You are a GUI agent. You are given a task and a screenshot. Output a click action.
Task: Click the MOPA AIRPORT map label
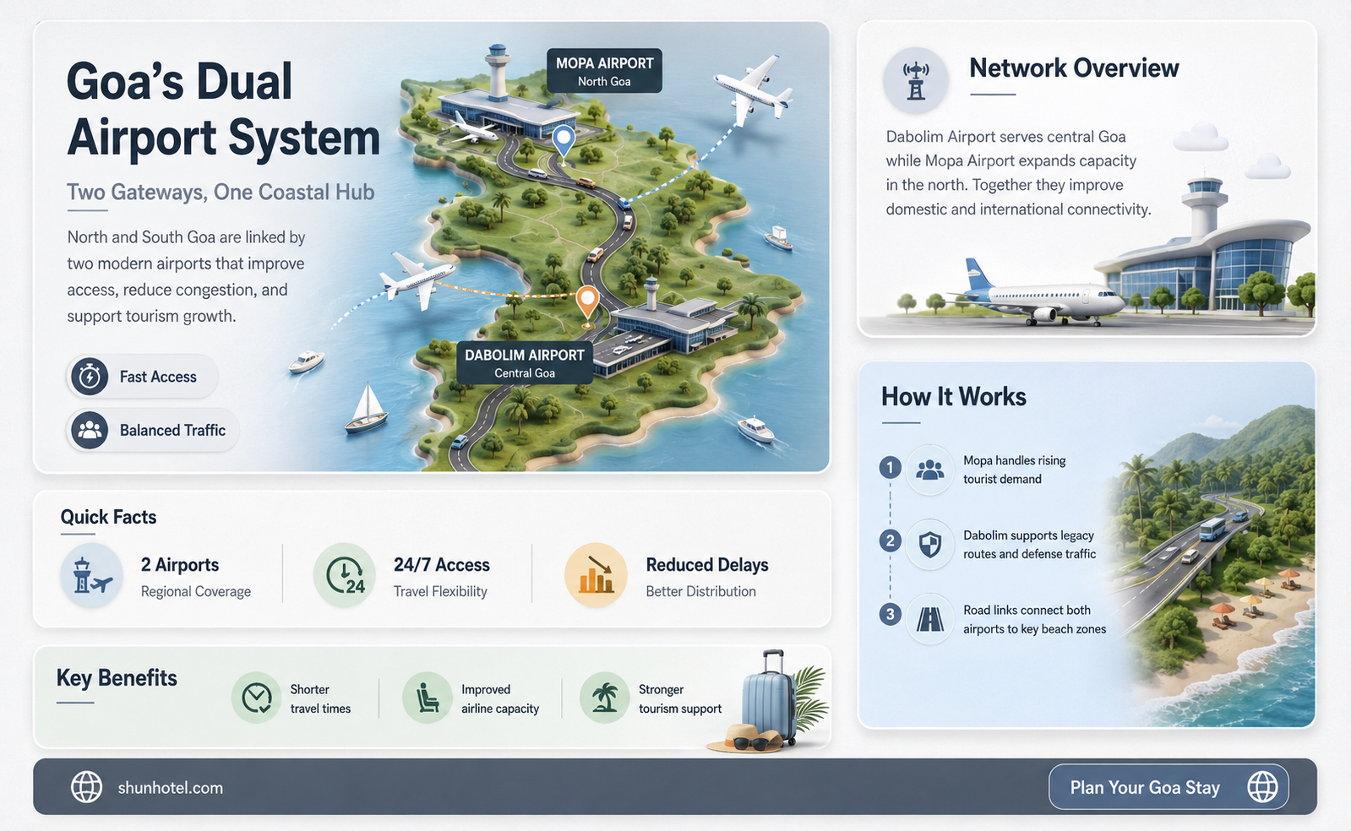[604, 71]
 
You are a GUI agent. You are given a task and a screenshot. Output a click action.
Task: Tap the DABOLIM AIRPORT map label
[524, 362]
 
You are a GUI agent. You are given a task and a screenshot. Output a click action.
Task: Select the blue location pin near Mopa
[564, 144]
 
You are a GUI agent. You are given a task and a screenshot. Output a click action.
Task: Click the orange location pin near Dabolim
[587, 306]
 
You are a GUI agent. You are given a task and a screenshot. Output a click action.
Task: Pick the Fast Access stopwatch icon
[90, 377]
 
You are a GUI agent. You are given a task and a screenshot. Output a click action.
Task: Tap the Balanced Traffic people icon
[90, 430]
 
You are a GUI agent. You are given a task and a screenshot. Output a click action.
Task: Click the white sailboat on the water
[367, 408]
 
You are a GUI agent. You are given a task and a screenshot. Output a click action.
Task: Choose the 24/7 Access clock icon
[345, 575]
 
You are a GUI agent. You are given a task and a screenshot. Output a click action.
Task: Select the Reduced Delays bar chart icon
[596, 575]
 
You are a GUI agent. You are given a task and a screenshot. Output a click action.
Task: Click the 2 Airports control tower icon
[92, 575]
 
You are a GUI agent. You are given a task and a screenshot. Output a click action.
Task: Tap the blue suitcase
[770, 698]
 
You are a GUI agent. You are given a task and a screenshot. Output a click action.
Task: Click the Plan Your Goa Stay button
[1169, 787]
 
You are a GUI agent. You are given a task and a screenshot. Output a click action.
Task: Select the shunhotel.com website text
[171, 788]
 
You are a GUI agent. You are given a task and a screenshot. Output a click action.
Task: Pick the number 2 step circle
[891, 540]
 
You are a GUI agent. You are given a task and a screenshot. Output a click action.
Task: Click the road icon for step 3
[930, 619]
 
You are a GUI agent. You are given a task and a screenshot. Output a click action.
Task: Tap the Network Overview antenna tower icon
[916, 81]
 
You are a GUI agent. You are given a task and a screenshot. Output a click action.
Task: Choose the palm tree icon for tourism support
[604, 698]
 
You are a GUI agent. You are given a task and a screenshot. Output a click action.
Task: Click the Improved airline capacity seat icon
[427, 698]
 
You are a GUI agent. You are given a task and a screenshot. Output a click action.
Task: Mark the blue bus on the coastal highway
[1212, 529]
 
